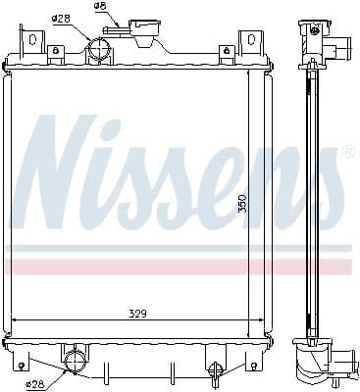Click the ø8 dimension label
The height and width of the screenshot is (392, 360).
pos(100,6)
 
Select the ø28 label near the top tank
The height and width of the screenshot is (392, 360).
pos(60,19)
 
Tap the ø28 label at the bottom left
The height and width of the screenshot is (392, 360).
pos(36,383)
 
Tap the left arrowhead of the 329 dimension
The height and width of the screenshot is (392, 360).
pos(13,320)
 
